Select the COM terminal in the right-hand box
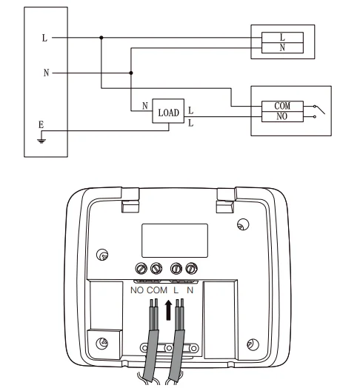tap(282, 106)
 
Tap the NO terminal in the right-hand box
tap(282, 116)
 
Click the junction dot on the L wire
tap(101, 37)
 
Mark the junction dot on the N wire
tap(131, 73)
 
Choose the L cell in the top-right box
tap(282, 36)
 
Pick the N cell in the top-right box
tap(282, 47)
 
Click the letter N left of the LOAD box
tap(145, 106)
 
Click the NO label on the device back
tap(137, 290)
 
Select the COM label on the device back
tap(157, 290)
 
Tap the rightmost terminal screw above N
tap(192, 270)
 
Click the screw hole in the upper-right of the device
tap(241, 224)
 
